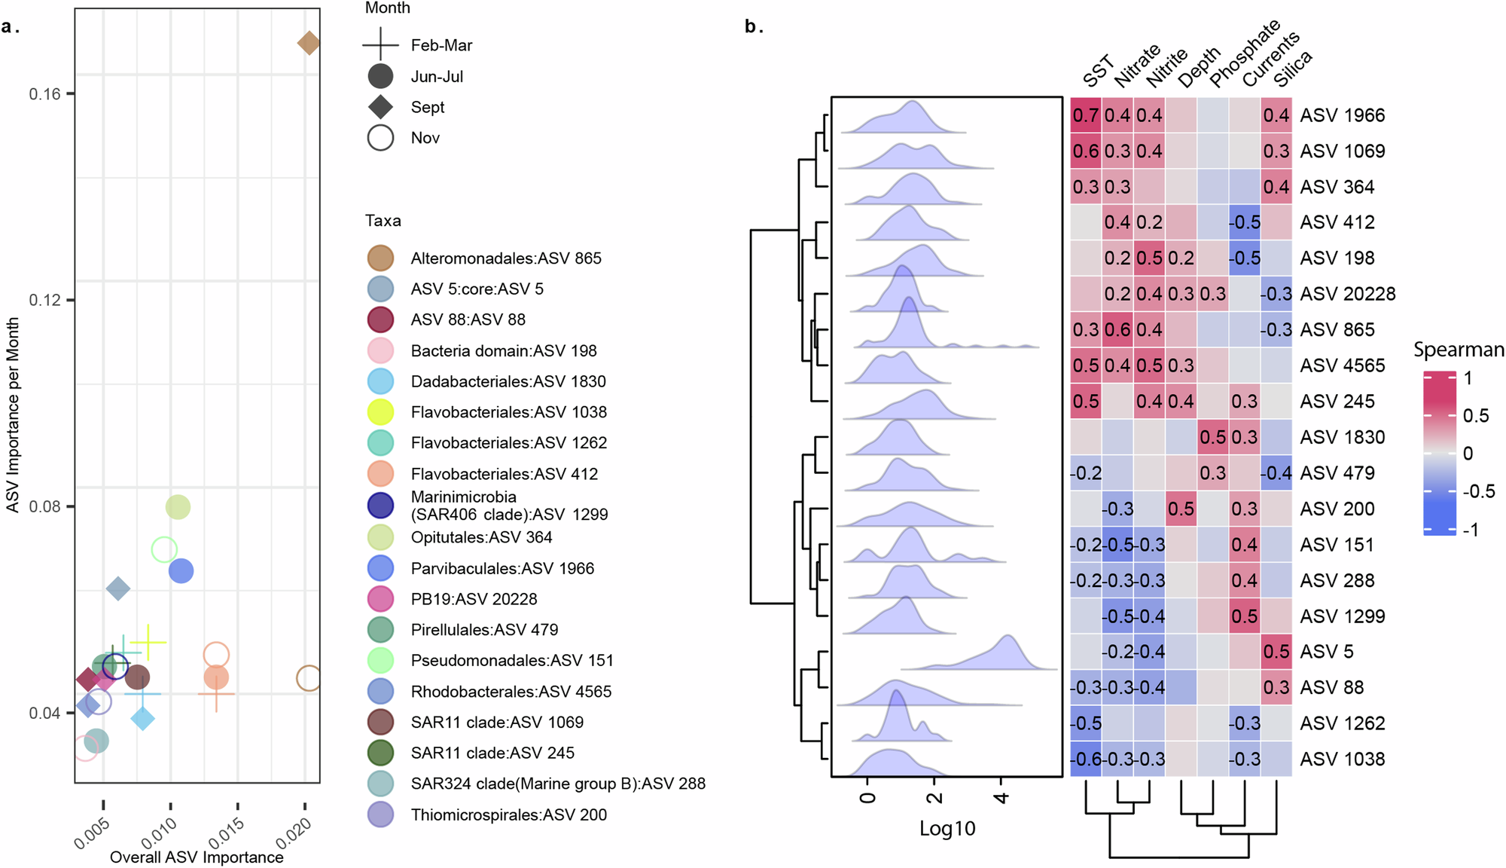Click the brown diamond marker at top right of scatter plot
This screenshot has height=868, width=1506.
(x=309, y=43)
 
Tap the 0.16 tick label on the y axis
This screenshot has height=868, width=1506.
(x=44, y=94)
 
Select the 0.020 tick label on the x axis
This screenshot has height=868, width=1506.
(x=293, y=834)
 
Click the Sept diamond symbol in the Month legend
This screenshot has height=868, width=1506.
(x=380, y=107)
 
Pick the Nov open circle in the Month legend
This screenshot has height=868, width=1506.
(x=380, y=138)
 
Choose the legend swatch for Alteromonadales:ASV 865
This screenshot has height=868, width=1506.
(x=380, y=258)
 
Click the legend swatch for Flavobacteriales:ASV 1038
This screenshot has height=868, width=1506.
(x=380, y=412)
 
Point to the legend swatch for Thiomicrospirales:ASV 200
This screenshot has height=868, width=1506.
(x=380, y=815)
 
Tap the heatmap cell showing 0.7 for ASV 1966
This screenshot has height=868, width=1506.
(x=1086, y=115)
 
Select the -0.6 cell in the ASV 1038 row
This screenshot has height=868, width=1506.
(x=1086, y=759)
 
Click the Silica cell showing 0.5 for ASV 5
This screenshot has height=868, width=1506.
(x=1276, y=652)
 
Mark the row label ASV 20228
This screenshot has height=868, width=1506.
(x=1347, y=294)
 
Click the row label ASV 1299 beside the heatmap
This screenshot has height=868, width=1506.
(x=1342, y=616)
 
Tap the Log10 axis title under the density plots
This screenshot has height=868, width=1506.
(x=947, y=829)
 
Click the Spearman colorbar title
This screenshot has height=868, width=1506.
(x=1458, y=350)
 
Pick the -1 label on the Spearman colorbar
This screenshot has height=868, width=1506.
(x=1470, y=530)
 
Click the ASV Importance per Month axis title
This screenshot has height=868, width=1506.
(x=13, y=414)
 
